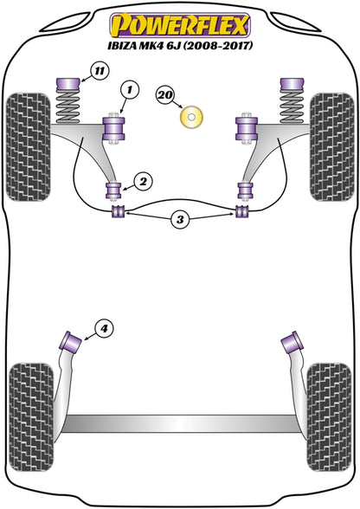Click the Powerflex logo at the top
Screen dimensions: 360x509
click(x=180, y=25)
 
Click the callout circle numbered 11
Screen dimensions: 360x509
click(x=100, y=71)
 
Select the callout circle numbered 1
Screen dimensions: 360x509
click(x=130, y=89)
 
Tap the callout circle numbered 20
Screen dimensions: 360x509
click(x=165, y=95)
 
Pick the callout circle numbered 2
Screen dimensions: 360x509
click(x=143, y=181)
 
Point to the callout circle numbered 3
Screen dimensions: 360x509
click(x=180, y=220)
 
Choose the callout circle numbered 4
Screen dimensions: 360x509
click(x=104, y=329)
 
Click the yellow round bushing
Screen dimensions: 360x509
click(x=192, y=117)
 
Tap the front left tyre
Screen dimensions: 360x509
click(x=29, y=147)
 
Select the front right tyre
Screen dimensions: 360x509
click(x=331, y=147)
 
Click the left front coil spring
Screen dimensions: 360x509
click(x=67, y=107)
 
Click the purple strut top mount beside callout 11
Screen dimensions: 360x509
click(x=68, y=86)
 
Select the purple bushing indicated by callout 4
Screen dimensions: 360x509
click(x=70, y=341)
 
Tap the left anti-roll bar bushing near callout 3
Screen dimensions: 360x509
click(x=118, y=211)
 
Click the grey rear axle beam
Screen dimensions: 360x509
click(x=180, y=423)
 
